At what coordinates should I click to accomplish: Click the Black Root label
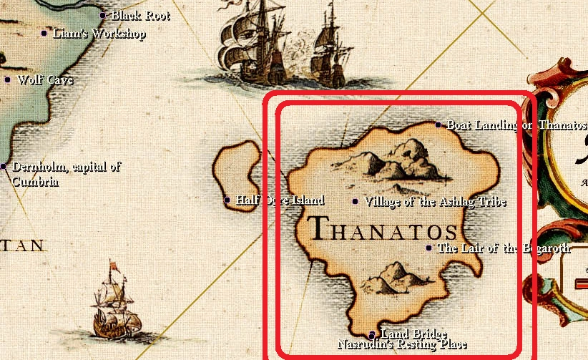(x=140, y=15)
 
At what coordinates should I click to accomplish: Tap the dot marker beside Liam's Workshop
(x=44, y=33)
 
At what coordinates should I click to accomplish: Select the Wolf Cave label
(x=45, y=80)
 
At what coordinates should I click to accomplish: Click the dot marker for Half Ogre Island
(x=227, y=200)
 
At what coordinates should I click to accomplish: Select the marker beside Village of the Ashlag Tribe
(x=356, y=201)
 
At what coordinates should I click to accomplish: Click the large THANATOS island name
(x=384, y=230)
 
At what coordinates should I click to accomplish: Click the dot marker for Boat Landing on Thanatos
(x=438, y=125)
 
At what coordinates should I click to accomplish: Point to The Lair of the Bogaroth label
(x=504, y=248)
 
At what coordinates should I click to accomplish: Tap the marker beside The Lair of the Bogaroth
(x=429, y=248)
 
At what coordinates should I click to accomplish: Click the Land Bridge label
(x=414, y=334)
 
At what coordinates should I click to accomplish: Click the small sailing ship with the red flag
(x=113, y=306)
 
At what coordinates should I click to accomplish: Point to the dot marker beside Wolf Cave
(x=8, y=79)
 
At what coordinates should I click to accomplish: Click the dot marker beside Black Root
(x=102, y=15)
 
